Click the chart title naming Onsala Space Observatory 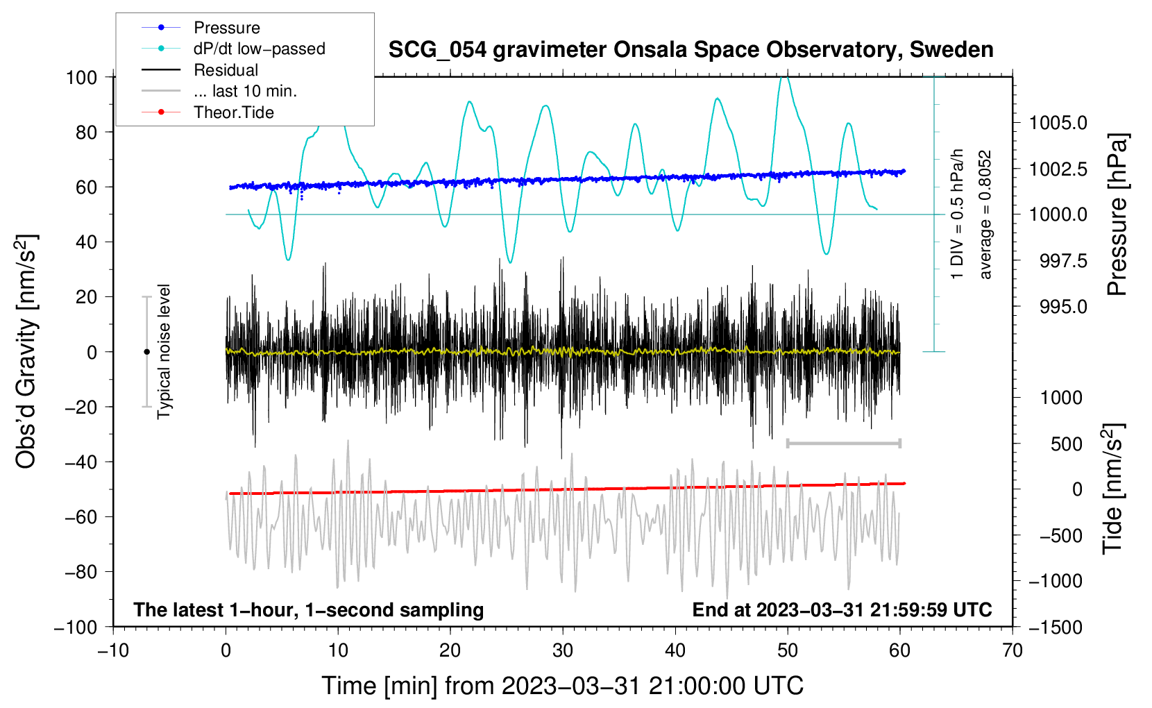tap(691, 50)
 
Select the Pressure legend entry tap(226, 28)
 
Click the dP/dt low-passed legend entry tap(259, 49)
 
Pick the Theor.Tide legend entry tap(233, 112)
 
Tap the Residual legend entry tap(226, 70)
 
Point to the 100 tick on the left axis tap(81, 77)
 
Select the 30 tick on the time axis tap(563, 651)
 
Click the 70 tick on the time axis tap(1013, 651)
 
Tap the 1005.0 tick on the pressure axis tap(1058, 124)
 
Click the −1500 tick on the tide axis tap(1056, 627)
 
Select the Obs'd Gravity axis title tap(26, 352)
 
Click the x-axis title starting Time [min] tap(563, 686)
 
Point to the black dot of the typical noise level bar tap(146, 352)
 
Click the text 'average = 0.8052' tap(985, 215)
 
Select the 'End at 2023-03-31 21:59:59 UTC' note tap(842, 610)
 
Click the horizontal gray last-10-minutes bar tap(843, 444)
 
